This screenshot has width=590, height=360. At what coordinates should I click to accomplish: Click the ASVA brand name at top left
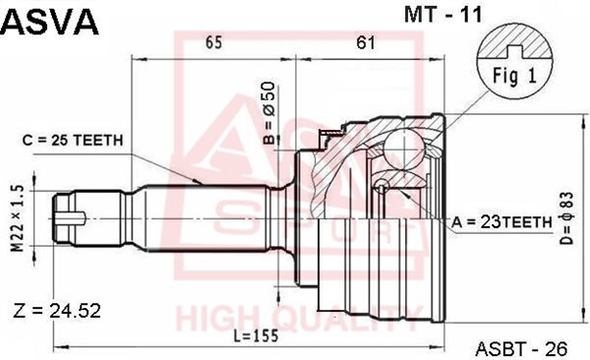coord(50,22)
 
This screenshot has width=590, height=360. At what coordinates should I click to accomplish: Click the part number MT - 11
coord(442,15)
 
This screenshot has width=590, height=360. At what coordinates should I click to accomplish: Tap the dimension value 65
coord(213,42)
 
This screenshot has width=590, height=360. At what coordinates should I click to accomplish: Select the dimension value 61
coord(366,42)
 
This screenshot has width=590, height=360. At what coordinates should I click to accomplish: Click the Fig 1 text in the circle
coord(514,77)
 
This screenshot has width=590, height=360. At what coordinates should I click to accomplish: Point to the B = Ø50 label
coord(269,113)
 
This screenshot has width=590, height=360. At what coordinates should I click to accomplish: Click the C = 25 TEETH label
coord(73,141)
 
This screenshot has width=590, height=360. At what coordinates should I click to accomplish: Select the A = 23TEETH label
coord(501,223)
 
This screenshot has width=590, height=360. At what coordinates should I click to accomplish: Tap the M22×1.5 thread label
coord(18,218)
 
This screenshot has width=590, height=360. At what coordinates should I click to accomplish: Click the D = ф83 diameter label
coord(566,218)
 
